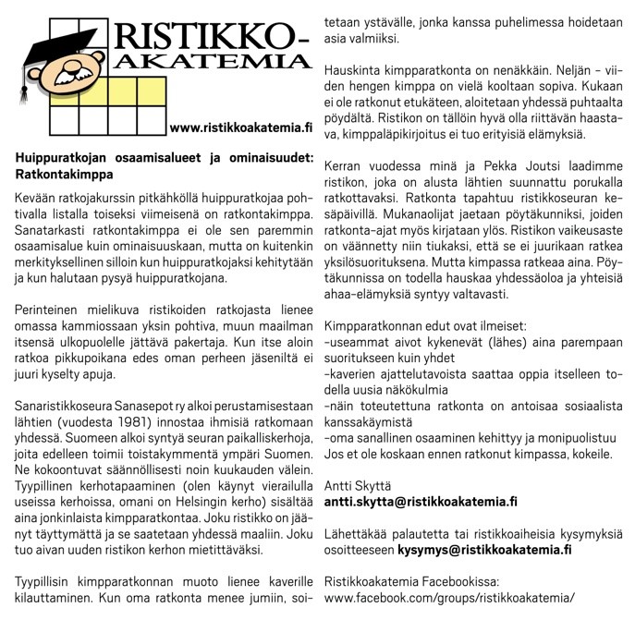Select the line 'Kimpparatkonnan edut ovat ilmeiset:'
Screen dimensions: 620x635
pos(425,326)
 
